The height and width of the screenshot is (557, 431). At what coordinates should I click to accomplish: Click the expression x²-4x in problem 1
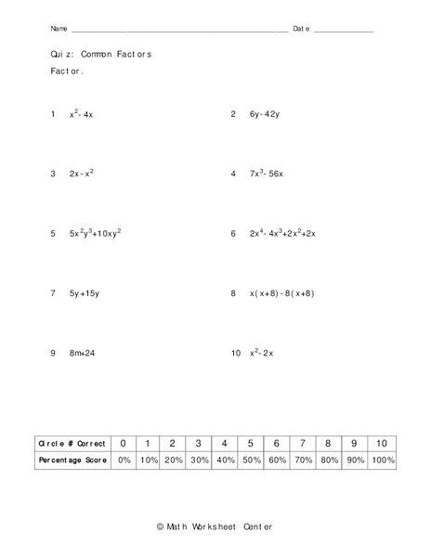point(82,115)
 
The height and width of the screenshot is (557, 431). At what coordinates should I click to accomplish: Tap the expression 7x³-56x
point(267,174)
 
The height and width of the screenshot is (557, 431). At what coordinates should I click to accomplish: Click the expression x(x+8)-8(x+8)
point(282,293)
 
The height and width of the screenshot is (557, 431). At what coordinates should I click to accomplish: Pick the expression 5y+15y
point(84,293)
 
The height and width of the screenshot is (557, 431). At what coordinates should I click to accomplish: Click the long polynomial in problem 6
point(283,234)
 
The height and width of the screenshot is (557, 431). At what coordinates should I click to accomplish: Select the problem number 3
point(54,174)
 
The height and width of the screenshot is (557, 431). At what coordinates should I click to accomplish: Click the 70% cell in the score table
point(302,460)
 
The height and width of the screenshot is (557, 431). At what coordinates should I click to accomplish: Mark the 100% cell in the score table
point(381,460)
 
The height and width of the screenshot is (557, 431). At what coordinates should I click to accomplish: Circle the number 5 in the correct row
point(251,443)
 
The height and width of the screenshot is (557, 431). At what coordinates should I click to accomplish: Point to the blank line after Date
point(343,31)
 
